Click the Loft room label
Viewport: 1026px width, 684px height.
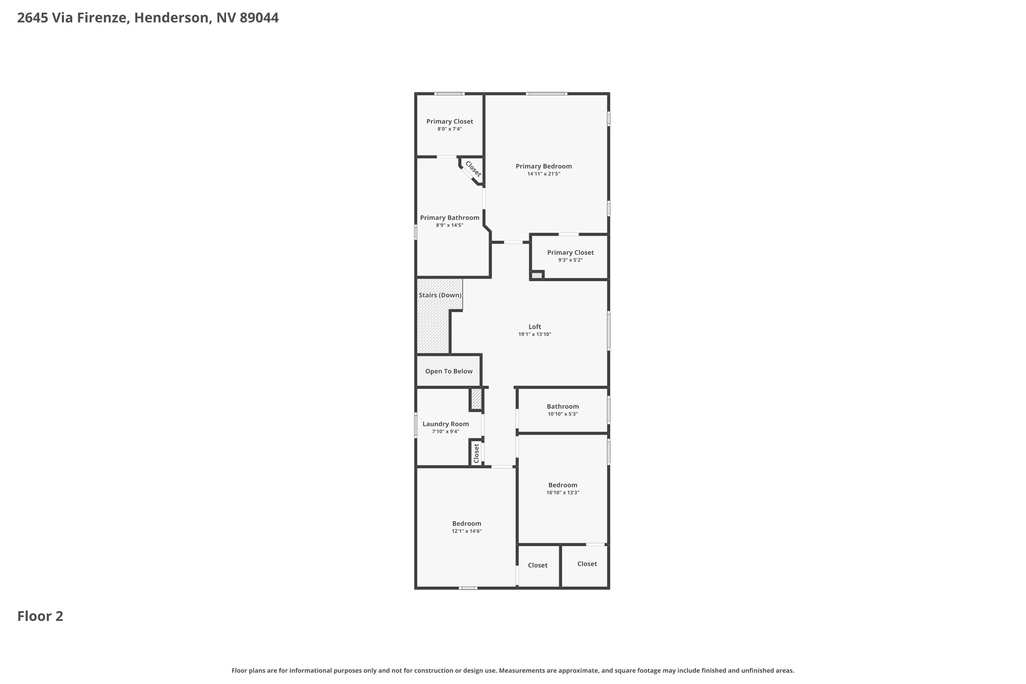(535, 327)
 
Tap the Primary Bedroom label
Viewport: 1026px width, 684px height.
(543, 166)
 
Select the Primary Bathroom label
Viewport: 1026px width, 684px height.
(449, 218)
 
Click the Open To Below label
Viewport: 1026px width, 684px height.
(449, 371)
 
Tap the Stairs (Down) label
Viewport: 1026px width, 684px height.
(440, 295)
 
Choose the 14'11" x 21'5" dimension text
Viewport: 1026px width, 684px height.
(543, 174)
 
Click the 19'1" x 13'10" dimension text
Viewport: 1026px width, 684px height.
(535, 334)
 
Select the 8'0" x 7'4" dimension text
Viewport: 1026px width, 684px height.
(450, 129)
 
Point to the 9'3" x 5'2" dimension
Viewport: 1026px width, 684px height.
(570, 260)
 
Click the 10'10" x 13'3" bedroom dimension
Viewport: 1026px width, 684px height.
(563, 492)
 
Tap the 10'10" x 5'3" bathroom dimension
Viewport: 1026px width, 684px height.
(563, 414)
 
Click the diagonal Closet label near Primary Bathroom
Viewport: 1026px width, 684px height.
(473, 169)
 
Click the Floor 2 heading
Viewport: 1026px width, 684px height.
(40, 616)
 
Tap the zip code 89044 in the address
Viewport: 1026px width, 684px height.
(259, 18)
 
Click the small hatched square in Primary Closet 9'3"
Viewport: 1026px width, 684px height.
(537, 275)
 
